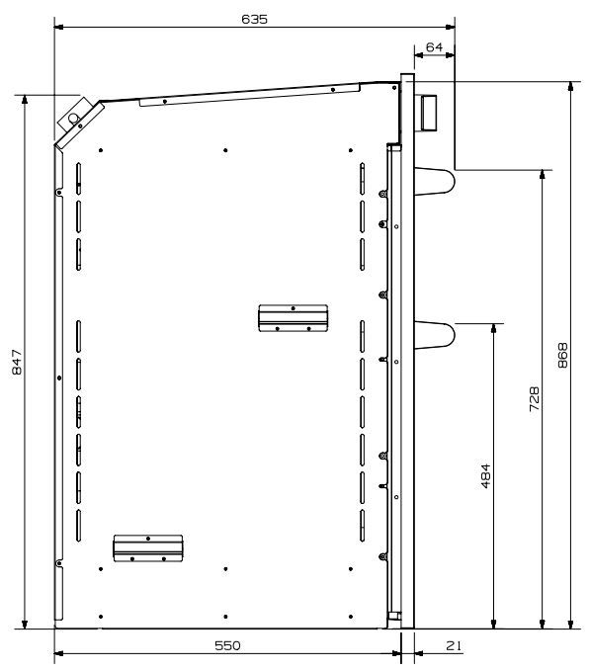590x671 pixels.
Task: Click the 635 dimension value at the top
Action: tap(255, 19)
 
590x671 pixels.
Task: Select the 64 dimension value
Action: tap(434, 47)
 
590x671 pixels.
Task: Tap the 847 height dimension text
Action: tap(17, 362)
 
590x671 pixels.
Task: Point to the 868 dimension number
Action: tap(563, 355)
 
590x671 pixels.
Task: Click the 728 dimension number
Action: tap(535, 399)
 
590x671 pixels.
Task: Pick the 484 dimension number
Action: tap(486, 475)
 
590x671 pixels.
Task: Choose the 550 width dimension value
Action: tap(227, 645)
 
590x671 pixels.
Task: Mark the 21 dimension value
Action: tap(454, 645)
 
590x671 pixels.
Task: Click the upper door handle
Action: tap(434, 181)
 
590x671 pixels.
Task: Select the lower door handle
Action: tap(434, 335)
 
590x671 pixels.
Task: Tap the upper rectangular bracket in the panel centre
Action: tap(294, 318)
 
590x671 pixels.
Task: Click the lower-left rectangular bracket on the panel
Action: tap(148, 547)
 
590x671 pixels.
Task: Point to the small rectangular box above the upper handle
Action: tap(429, 113)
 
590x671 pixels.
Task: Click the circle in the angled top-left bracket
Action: tap(73, 119)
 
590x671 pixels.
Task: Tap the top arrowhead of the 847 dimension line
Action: tap(25, 100)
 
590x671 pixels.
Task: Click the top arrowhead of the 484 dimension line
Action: tap(494, 328)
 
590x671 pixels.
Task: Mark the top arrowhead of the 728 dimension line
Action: tap(543, 175)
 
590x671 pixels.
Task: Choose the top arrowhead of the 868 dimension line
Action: tap(570, 86)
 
